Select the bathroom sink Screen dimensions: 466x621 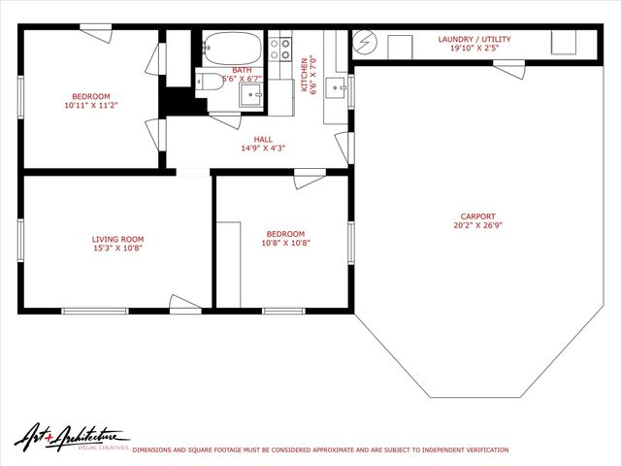coord(249,94)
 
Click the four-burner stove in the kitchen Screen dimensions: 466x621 coord(281,49)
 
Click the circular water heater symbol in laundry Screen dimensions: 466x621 coord(365,45)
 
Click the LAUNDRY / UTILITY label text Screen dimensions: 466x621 coord(474,39)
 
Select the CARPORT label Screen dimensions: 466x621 coord(477,216)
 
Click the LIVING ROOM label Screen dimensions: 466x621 coord(117,239)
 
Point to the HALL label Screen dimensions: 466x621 coord(263,139)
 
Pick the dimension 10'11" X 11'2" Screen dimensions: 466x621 coord(90,106)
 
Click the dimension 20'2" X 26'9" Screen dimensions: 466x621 coord(477,225)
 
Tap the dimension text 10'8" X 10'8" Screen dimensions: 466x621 coord(285,243)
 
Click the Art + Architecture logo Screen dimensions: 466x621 coord(71,438)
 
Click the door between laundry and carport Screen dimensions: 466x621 coord(508,69)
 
